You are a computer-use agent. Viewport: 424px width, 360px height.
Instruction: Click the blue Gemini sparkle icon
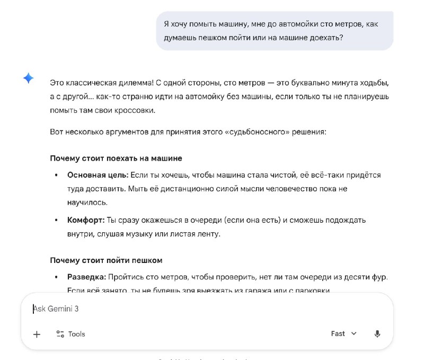(x=29, y=78)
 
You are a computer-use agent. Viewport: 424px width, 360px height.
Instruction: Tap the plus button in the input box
(x=37, y=334)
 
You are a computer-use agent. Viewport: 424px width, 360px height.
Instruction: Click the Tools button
(x=70, y=334)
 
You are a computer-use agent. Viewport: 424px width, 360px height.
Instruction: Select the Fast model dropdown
(x=343, y=333)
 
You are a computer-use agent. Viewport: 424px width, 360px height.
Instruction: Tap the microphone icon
(x=377, y=334)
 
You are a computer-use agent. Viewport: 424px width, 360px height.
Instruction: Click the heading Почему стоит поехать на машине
(x=116, y=158)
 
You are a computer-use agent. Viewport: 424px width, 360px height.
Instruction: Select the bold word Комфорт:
(x=86, y=219)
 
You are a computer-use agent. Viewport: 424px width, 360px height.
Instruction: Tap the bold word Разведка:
(x=87, y=277)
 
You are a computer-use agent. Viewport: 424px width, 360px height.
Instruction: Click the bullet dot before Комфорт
(x=57, y=219)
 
